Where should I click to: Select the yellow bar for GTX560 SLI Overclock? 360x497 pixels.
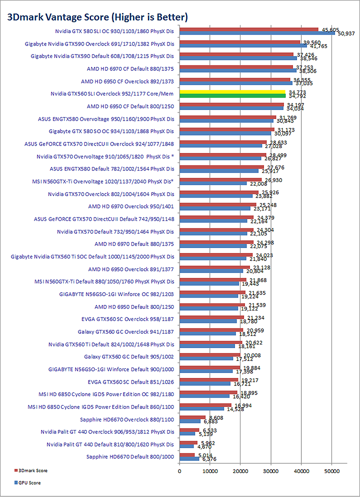click(x=232, y=91)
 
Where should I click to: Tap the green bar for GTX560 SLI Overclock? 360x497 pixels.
click(x=232, y=95)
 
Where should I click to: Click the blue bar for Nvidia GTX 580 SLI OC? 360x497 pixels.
click(x=257, y=33)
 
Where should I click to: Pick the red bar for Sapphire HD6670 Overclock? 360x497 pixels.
click(x=192, y=417)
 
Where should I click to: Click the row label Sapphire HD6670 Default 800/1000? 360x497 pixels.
click(x=129, y=456)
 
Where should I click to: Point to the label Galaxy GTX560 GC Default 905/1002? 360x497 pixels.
click(x=129, y=356)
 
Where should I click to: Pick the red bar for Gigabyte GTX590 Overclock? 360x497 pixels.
click(x=239, y=42)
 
